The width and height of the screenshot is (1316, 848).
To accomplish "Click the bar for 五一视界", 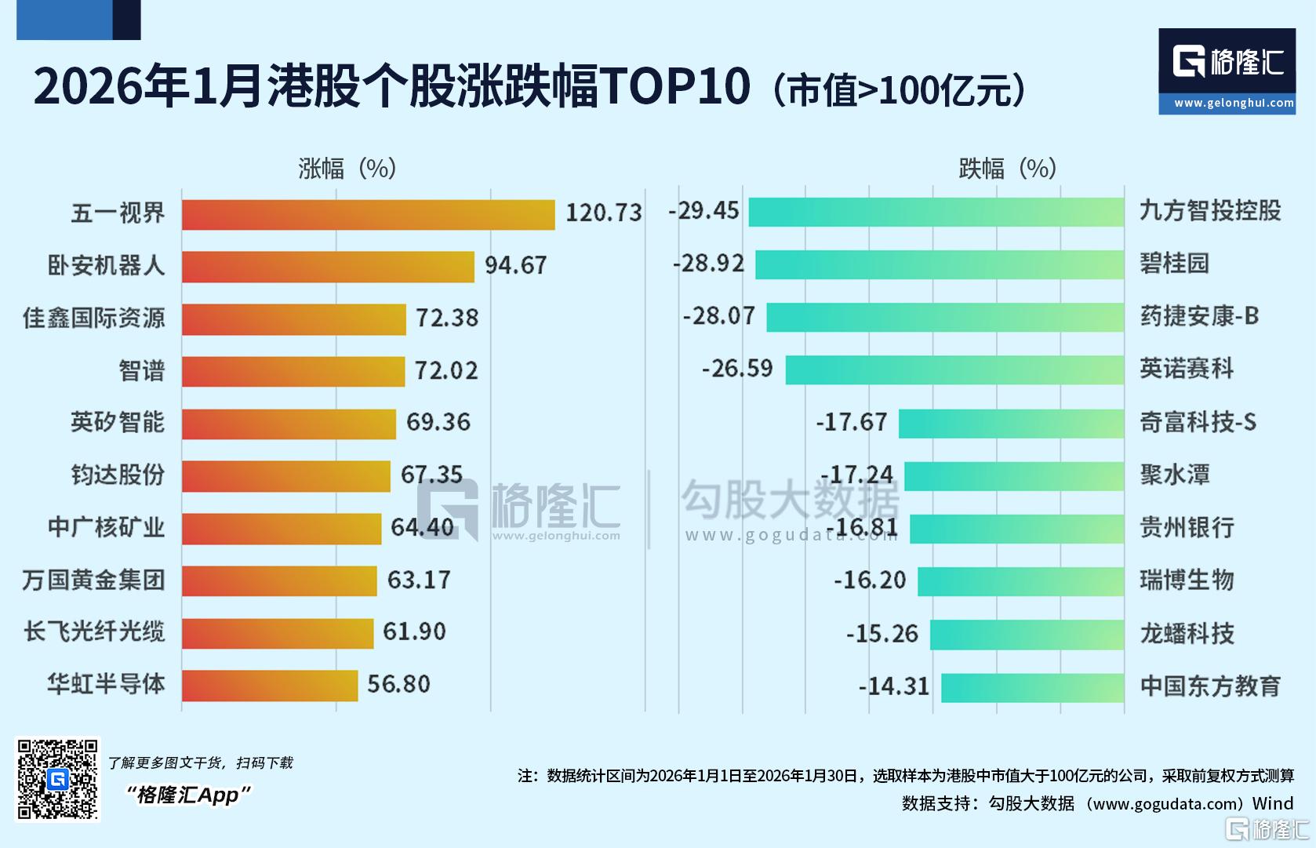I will click(x=368, y=214).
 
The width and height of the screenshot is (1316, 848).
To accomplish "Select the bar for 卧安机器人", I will click(x=328, y=267).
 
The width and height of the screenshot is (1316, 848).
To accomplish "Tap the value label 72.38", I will click(x=447, y=318).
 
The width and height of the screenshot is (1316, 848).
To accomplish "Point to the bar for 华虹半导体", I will click(x=270, y=685).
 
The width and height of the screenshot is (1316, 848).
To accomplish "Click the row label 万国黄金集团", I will click(x=94, y=580).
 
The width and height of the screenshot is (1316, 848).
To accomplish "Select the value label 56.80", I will click(x=398, y=684).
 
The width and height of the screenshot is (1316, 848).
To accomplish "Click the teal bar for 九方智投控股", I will click(x=936, y=212).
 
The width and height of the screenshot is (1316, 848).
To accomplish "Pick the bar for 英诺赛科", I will click(x=954, y=369).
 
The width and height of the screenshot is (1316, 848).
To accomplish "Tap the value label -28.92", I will click(x=708, y=264).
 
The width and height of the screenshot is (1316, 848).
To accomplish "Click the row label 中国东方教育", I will click(x=1210, y=686).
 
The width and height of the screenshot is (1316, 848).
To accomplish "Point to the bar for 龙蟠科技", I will click(x=1027, y=635).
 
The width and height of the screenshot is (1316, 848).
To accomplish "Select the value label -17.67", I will click(x=852, y=423).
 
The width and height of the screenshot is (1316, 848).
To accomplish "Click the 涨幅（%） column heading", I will click(x=347, y=169).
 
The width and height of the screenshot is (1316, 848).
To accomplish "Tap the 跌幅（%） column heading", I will click(x=1008, y=169).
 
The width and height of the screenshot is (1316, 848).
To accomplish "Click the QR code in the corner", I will click(x=58, y=779).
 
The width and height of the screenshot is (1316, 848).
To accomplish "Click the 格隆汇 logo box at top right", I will click(x=1227, y=71).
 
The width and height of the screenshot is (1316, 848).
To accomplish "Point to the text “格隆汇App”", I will click(x=188, y=795).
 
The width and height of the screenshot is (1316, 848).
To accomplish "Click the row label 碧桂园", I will click(x=1174, y=264).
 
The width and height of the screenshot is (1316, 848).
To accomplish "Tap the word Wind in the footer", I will click(x=1272, y=803).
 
